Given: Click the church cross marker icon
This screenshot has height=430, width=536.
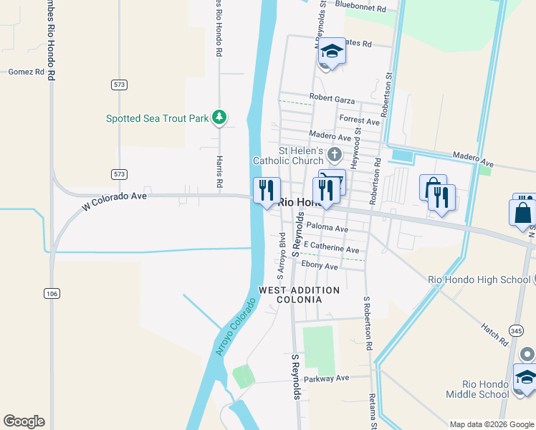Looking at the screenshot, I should pyautogui.click(x=334, y=154).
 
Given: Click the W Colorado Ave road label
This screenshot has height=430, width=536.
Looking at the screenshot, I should pyautogui.click(x=115, y=200).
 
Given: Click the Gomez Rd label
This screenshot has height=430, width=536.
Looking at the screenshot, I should pyautogui.click(x=26, y=72).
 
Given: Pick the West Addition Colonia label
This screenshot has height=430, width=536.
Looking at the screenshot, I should pyautogui.click(x=299, y=295).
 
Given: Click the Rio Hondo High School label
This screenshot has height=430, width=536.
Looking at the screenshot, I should pyautogui.click(x=479, y=279).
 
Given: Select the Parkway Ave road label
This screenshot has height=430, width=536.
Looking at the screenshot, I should pyautogui.click(x=325, y=378).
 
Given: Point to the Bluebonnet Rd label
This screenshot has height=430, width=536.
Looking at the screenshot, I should pyautogui.click(x=360, y=6).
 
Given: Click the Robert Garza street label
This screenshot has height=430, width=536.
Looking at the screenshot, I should pyautogui.click(x=332, y=97).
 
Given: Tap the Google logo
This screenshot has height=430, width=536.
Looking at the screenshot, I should pyautogui.click(x=24, y=421).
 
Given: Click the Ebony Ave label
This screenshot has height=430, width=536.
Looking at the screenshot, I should pyautogui.click(x=320, y=266).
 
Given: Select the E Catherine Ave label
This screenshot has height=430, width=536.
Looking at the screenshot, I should pyautogui.click(x=331, y=249).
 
